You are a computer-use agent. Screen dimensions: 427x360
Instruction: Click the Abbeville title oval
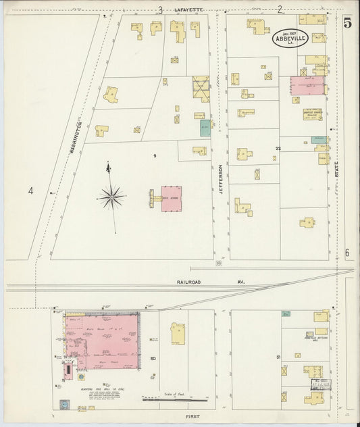click(x=290, y=39)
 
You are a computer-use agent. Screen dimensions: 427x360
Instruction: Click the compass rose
click(x=110, y=197)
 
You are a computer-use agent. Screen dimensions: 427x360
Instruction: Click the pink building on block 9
click(x=171, y=199)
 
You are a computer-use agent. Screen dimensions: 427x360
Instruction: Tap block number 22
click(x=278, y=148)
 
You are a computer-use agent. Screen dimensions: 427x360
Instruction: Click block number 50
click(x=153, y=358)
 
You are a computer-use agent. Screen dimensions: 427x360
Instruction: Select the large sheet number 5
click(x=347, y=22)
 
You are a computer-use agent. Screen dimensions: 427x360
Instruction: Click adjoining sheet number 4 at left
click(x=30, y=191)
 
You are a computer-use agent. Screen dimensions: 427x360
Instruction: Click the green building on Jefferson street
click(x=205, y=128)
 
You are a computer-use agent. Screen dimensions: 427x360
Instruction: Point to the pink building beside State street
click(x=307, y=86)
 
